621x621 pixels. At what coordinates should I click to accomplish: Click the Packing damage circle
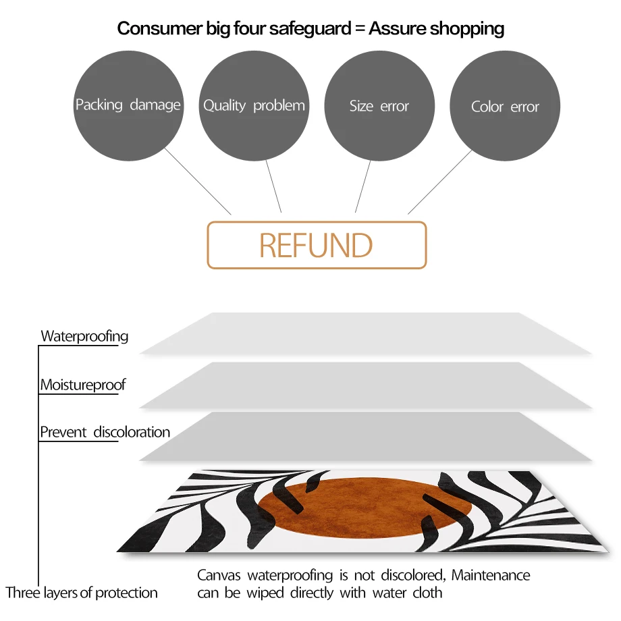(x=128, y=106)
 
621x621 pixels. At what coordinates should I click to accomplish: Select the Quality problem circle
(x=254, y=106)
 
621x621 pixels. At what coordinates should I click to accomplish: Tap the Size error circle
(x=379, y=106)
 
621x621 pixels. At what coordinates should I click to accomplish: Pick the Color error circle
(x=505, y=106)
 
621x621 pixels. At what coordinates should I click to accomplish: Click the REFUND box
(x=317, y=245)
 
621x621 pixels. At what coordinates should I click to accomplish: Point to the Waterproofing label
(x=84, y=335)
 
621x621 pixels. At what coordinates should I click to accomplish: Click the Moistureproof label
(x=82, y=385)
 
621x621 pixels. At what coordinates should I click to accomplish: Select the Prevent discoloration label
(x=105, y=432)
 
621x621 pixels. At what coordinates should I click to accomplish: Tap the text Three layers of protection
(x=82, y=593)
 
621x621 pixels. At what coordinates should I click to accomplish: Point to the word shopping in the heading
(x=467, y=28)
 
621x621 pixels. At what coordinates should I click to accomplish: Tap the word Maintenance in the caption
(x=491, y=576)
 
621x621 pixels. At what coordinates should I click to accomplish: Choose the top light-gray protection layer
(x=364, y=333)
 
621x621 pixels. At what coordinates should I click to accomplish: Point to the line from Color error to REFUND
(x=440, y=182)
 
